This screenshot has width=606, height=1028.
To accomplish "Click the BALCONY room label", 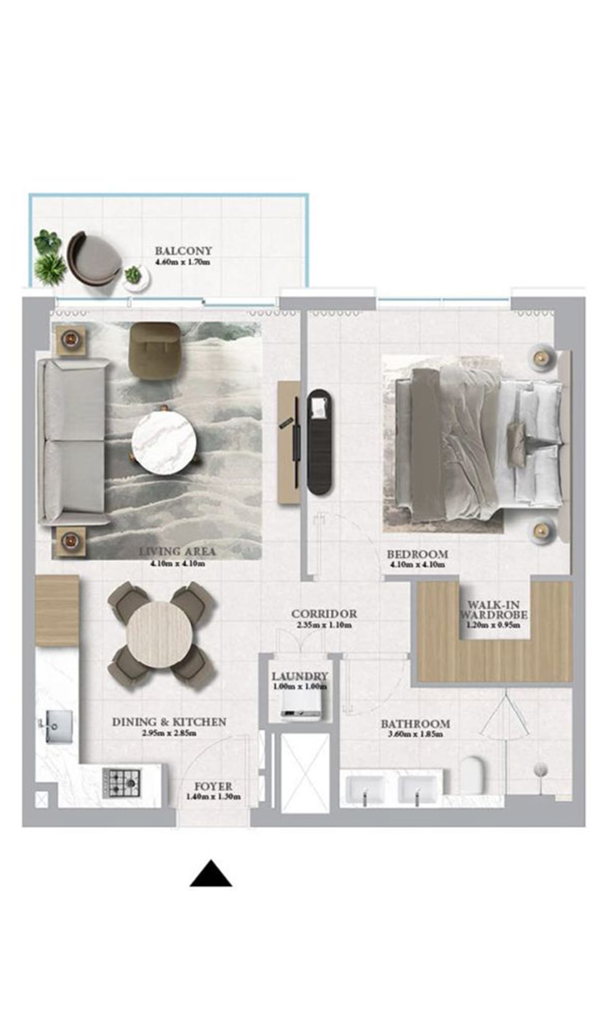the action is click(183, 251).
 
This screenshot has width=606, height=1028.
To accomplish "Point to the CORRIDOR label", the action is click(324, 614).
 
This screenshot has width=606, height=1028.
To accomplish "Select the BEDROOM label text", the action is click(418, 555).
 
